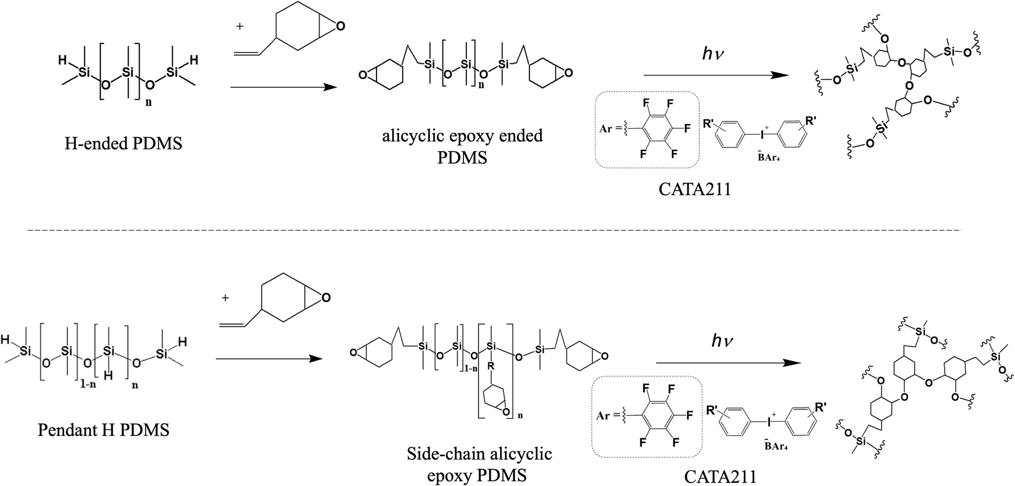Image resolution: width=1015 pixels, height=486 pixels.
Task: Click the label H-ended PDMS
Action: [x=123, y=143]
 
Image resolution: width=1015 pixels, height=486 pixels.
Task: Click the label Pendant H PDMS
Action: [x=103, y=430]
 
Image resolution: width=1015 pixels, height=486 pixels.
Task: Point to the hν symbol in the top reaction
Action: [x=713, y=54]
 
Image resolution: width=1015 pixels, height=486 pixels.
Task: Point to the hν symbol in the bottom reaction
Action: [x=722, y=341]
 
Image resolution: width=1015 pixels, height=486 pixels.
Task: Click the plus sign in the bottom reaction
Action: [x=226, y=298]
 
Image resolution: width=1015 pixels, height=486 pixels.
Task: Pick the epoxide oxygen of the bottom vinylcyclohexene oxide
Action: [x=326, y=298]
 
